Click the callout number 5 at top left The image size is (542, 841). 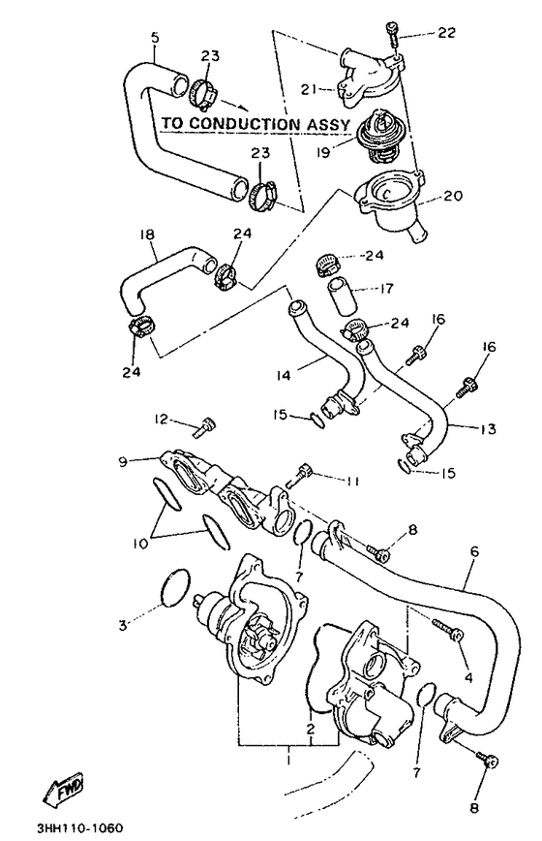point(155,39)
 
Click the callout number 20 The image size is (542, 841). point(454,195)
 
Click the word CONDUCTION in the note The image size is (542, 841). point(248,124)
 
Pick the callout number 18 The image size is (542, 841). point(147,235)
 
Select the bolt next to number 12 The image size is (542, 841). point(206,423)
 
